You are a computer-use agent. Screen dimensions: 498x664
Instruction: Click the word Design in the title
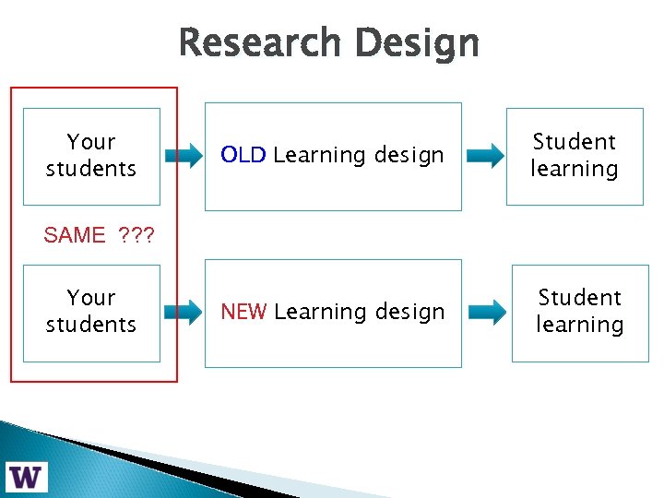click(417, 43)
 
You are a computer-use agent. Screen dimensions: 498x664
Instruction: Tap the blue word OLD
click(243, 155)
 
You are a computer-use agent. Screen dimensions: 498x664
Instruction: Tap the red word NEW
click(244, 313)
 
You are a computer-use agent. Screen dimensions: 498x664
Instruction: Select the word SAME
click(75, 235)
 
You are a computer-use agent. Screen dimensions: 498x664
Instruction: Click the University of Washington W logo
click(27, 476)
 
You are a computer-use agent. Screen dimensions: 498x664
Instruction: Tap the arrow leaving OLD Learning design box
click(485, 156)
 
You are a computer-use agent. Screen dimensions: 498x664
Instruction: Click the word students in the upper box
click(90, 169)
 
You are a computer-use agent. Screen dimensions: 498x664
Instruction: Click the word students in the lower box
click(90, 325)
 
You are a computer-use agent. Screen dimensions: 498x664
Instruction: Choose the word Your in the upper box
click(90, 142)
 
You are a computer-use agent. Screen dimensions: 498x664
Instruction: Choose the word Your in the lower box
click(90, 298)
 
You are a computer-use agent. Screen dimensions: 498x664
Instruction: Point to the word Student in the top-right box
click(574, 142)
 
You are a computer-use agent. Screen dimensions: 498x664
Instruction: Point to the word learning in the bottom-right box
click(580, 326)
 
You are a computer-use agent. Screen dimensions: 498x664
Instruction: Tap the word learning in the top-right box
click(574, 170)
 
